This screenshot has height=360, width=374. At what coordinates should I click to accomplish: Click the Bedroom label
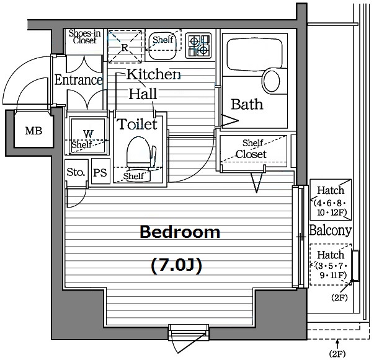(x=180, y=232)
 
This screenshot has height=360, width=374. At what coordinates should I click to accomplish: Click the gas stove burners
(x=198, y=45)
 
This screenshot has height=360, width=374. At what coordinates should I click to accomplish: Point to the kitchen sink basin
(x=163, y=46)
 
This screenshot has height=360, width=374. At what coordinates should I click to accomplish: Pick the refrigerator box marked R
(x=125, y=46)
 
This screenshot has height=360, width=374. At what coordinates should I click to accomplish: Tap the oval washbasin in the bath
(x=272, y=81)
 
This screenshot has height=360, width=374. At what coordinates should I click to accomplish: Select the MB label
(x=33, y=131)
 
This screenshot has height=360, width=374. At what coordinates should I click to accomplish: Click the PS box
(x=100, y=171)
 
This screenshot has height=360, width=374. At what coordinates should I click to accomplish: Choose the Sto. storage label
(x=76, y=172)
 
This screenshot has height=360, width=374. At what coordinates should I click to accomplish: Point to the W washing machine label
(x=88, y=133)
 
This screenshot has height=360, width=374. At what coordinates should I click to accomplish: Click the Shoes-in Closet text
(x=84, y=37)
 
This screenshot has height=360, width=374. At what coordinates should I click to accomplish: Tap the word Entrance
(x=79, y=80)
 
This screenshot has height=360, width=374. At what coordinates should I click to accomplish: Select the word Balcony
(x=331, y=230)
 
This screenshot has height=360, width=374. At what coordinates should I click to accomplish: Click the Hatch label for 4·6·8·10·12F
(x=331, y=190)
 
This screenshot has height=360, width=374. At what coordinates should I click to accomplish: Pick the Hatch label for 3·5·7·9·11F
(x=331, y=255)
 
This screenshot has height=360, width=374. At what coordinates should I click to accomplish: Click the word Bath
(x=247, y=104)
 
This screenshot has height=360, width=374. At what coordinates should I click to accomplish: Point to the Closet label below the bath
(x=251, y=154)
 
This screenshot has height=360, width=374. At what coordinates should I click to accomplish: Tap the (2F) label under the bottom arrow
(x=337, y=354)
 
